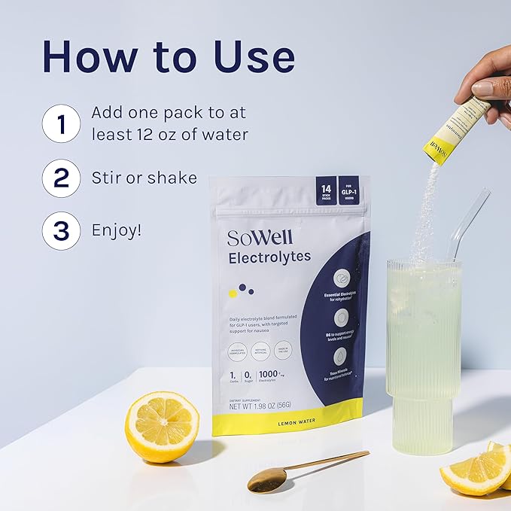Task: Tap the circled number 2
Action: (x=61, y=178)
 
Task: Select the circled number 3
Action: (x=61, y=230)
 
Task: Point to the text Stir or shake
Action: (x=144, y=178)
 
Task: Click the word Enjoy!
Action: (x=116, y=230)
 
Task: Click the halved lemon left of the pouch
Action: (x=161, y=426)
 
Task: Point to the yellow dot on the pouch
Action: (x=233, y=293)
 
